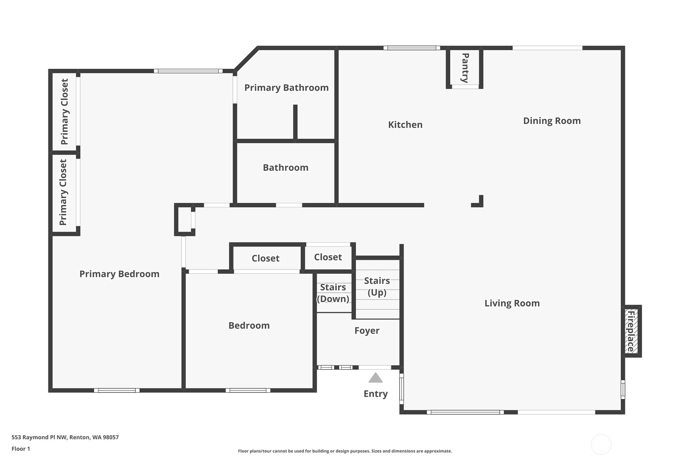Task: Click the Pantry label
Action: click(x=465, y=68)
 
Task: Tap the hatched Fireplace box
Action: click(x=631, y=331)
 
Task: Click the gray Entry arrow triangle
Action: click(x=375, y=378)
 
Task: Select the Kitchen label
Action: click(x=405, y=125)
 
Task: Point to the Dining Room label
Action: click(x=551, y=121)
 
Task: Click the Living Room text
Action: click(x=512, y=303)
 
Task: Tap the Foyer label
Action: click(x=367, y=331)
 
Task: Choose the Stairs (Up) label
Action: click(x=377, y=286)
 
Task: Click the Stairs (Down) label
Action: click(x=333, y=293)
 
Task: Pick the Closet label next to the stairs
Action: click(x=328, y=257)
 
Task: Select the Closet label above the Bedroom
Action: click(x=265, y=258)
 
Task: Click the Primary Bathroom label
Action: click(x=286, y=88)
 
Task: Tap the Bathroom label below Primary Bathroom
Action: click(x=285, y=168)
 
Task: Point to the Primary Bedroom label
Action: click(x=119, y=274)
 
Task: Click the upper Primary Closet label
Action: click(x=64, y=112)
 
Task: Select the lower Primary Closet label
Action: click(x=63, y=192)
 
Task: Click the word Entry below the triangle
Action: click(x=375, y=394)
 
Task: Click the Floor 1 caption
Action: click(x=21, y=449)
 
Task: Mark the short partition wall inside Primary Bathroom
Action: click(x=295, y=122)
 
